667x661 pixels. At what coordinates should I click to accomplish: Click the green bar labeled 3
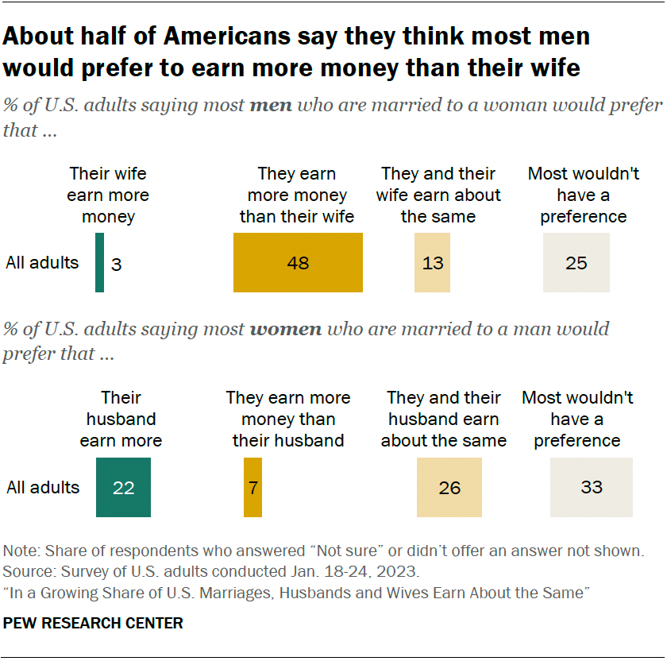point(99,263)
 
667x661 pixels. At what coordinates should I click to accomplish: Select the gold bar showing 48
point(298,263)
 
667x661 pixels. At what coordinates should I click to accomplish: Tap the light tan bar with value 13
point(432,263)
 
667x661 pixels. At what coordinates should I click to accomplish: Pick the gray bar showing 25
point(576,263)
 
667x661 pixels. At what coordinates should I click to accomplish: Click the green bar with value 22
point(123,487)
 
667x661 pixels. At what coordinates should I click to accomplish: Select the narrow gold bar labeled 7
point(253,487)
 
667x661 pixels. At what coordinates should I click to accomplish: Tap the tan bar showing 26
point(449,487)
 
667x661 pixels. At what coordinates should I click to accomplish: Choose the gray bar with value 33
point(591,487)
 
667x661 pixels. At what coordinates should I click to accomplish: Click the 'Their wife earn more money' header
point(108,195)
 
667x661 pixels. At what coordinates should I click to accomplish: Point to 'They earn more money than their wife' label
point(297,195)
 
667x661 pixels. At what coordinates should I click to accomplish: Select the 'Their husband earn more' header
point(121,419)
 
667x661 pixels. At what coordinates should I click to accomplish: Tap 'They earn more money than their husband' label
point(287,419)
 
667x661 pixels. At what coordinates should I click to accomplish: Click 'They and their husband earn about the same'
point(443,419)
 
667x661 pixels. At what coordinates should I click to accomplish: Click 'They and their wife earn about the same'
point(438,195)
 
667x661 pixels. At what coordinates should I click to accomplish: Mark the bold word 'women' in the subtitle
point(286,330)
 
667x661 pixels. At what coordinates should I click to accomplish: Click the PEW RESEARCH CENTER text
point(93,624)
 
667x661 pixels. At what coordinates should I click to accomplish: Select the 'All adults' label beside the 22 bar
point(43,487)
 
